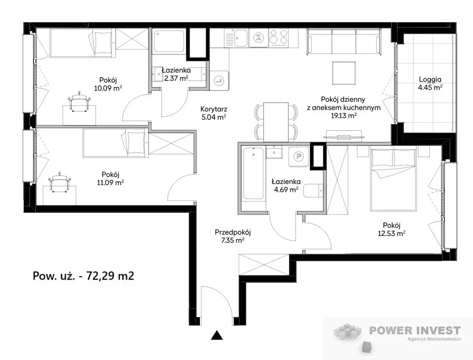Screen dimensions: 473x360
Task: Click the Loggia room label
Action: (430, 80)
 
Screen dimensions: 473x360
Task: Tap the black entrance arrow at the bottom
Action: (216, 336)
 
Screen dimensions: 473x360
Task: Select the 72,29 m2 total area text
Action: (110, 276)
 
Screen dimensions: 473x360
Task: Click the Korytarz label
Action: (214, 109)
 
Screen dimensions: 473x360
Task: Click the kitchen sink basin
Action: (241, 38)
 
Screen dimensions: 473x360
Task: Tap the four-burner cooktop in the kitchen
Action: (278, 37)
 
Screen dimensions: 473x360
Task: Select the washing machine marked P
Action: (299, 157)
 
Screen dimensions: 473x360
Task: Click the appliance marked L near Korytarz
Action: (219, 80)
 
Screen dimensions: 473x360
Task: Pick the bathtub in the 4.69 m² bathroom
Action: (253, 173)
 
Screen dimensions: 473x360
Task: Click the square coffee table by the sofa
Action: (344, 73)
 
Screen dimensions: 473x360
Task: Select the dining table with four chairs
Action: (276, 122)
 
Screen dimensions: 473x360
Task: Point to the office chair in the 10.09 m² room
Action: (79, 101)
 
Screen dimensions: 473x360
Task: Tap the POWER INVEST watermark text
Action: (415, 330)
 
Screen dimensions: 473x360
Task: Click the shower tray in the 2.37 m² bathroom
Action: (168, 41)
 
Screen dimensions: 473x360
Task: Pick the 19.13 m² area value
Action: (344, 116)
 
